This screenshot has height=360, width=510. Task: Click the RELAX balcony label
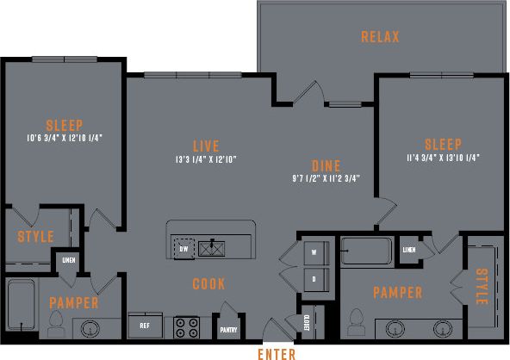click(x=380, y=37)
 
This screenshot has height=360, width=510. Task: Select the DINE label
click(x=326, y=165)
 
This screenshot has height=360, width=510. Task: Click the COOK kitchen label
click(x=209, y=283)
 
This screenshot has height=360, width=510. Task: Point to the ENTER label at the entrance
click(x=277, y=353)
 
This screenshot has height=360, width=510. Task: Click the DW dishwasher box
click(x=183, y=249)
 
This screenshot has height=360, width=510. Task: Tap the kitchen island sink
click(x=211, y=249)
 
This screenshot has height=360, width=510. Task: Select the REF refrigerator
click(x=146, y=326)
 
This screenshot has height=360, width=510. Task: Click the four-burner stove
click(x=188, y=326)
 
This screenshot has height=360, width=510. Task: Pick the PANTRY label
click(x=228, y=329)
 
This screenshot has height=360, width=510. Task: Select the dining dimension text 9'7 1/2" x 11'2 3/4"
click(x=326, y=179)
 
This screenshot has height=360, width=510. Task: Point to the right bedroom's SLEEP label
click(x=443, y=144)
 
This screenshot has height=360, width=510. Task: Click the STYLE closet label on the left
click(x=35, y=237)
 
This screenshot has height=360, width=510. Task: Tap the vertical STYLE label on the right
click(x=480, y=286)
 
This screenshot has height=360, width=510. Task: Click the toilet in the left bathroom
click(x=57, y=323)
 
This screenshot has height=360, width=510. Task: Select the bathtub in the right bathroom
click(x=367, y=251)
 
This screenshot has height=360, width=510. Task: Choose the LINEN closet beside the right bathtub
click(x=409, y=250)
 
